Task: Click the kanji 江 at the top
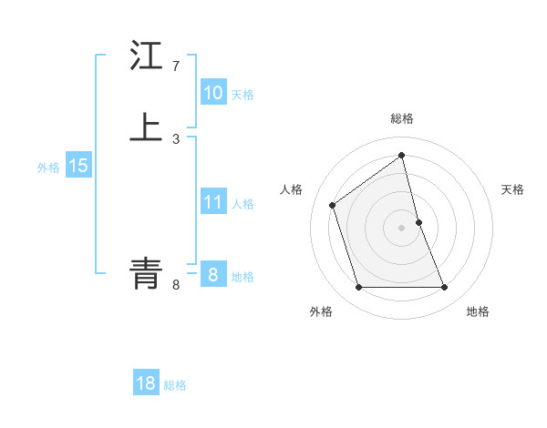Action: point(146,56)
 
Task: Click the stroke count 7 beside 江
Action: point(175,66)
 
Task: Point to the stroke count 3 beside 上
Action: point(176,138)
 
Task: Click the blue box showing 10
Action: point(213,93)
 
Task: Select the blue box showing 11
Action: point(213,202)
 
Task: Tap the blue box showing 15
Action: point(78,166)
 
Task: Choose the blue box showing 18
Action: point(146,383)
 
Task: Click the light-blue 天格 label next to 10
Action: point(243,95)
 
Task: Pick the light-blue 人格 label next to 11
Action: point(243,204)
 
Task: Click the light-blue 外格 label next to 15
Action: point(48,168)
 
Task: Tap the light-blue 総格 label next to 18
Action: point(175,385)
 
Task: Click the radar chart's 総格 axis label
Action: point(402,118)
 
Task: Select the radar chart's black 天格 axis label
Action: point(513,189)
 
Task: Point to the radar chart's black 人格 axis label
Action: point(291,189)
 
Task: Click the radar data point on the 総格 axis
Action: point(402,155)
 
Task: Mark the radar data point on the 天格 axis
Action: point(418,222)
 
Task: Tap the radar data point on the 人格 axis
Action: point(333,205)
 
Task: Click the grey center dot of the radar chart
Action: point(402,228)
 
